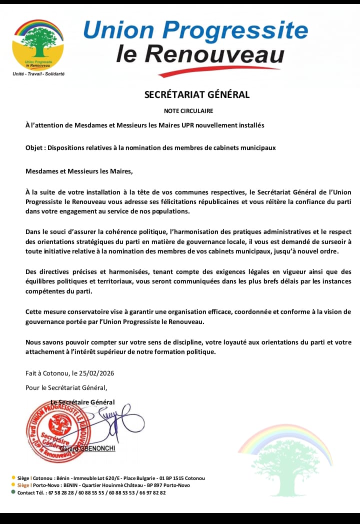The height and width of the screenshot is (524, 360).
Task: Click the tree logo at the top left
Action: point(38,45)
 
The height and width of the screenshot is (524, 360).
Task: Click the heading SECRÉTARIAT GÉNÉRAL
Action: point(196,94)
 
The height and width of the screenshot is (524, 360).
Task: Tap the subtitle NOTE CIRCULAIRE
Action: point(188,110)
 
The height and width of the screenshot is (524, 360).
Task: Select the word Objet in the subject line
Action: point(34,147)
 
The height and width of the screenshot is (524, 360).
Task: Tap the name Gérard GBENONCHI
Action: point(87,448)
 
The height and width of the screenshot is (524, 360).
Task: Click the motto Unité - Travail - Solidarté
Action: point(38,73)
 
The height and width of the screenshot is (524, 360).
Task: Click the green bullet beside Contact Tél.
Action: point(13,492)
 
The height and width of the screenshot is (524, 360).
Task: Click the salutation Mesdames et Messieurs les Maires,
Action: point(79,171)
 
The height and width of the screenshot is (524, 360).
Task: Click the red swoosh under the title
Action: point(225,71)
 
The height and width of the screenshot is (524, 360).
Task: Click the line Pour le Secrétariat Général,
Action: point(66,387)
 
